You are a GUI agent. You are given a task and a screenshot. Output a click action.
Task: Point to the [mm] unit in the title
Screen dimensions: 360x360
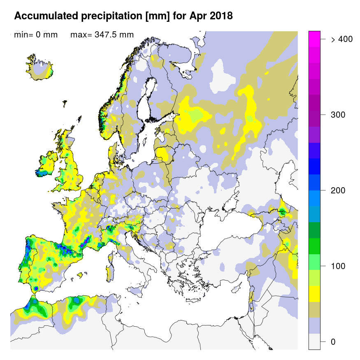coord(159,16)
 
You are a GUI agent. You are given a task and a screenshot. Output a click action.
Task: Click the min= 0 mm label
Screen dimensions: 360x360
coord(36,35)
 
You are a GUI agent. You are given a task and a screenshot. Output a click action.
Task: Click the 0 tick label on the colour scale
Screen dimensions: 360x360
coord(333,342)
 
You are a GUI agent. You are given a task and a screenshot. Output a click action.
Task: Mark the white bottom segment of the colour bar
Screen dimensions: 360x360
coord(314,341)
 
